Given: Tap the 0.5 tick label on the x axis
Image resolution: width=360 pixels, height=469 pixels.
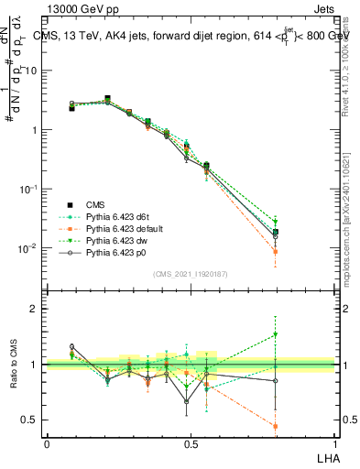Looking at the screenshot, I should point(191,443).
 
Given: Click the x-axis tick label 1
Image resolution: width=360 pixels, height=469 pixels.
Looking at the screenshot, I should point(333,443).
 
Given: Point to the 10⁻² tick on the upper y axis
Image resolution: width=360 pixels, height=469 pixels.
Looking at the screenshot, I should point(28,248).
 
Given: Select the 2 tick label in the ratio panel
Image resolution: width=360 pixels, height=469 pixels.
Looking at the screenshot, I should point(35,309).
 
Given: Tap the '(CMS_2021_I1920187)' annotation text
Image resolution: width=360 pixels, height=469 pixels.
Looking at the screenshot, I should point(190,274).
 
